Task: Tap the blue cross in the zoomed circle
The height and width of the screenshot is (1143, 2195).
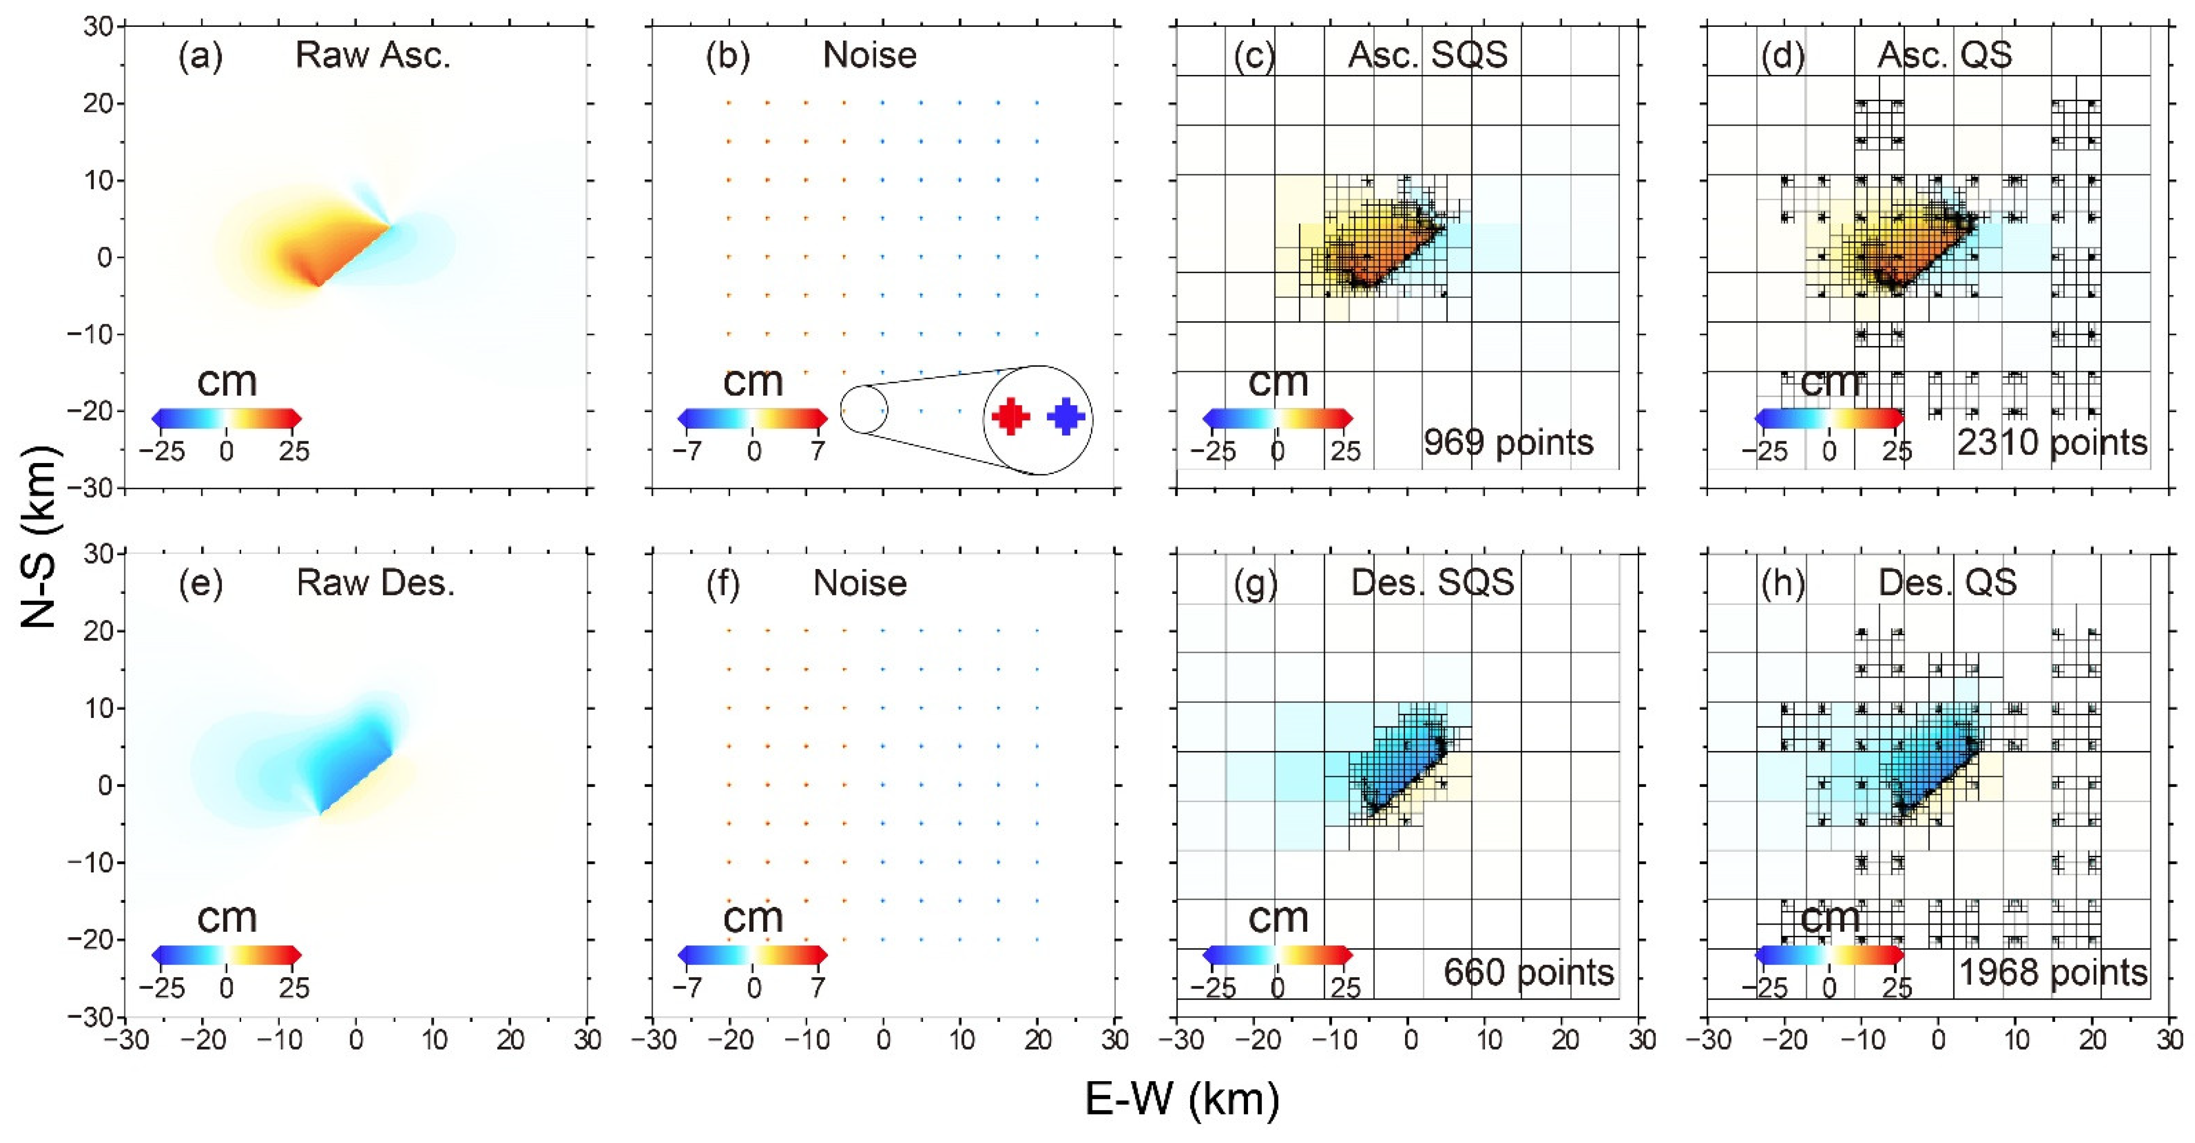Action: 1066,416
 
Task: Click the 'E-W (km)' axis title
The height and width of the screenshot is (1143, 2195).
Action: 1182,1099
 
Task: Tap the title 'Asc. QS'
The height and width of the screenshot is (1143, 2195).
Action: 1945,55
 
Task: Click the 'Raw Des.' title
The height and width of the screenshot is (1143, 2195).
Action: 375,584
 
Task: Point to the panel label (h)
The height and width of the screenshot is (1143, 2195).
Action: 1783,584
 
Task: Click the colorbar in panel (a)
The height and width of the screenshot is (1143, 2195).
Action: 226,418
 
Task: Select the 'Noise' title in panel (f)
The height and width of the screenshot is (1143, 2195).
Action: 860,584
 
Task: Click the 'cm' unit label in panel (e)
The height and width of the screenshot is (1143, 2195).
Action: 226,918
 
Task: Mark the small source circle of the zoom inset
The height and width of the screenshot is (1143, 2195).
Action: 863,409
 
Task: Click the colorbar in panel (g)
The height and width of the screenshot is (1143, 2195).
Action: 1277,955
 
